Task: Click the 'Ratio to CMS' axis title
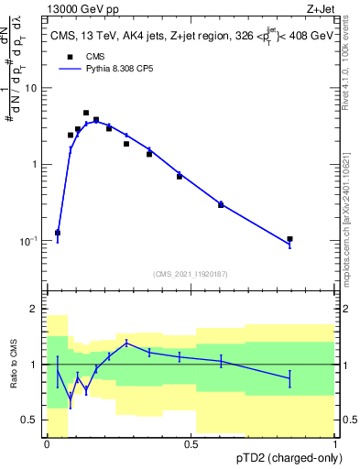coord(14,365)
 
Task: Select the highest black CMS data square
coord(86,113)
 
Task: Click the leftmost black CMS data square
coord(58,233)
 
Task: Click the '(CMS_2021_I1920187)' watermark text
coord(191,273)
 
